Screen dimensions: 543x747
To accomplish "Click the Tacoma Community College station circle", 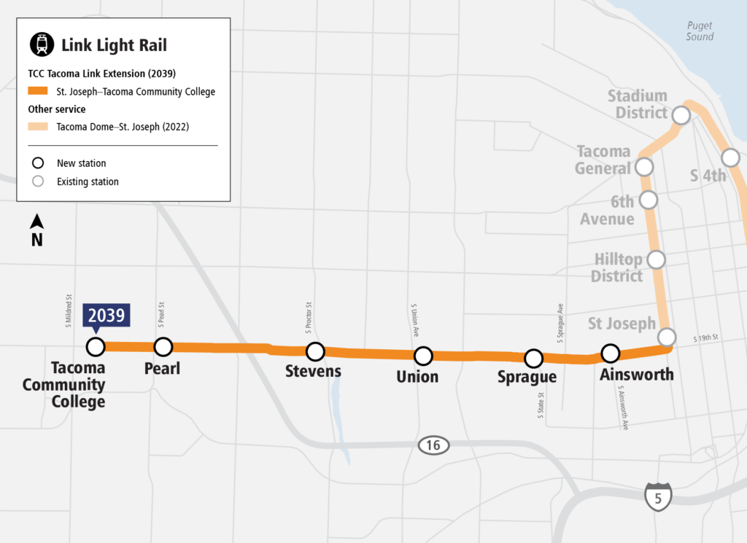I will (96, 346).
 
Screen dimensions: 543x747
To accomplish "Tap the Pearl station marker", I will (163, 346).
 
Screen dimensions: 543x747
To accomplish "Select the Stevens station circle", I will (315, 351).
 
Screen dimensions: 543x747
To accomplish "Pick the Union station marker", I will (423, 356).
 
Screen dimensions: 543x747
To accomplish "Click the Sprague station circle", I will (534, 358).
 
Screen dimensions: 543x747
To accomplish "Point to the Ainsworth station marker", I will (610, 353).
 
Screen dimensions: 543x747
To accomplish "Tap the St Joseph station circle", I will (666, 337).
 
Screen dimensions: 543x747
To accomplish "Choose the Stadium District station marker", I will (681, 115).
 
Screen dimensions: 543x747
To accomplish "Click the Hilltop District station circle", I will (657, 259).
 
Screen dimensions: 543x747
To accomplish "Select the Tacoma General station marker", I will (644, 167).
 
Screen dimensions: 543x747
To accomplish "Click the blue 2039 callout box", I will (107, 316).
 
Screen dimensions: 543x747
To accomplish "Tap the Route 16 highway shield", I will (433, 445).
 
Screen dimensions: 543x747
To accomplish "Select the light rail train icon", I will (42, 44).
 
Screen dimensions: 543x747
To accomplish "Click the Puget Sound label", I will (699, 31).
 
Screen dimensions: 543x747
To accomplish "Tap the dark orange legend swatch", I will (38, 92).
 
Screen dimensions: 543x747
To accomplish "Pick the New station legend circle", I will (39, 163).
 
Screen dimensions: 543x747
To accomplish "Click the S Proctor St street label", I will (309, 318).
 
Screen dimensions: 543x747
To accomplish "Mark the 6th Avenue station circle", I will (647, 199).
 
